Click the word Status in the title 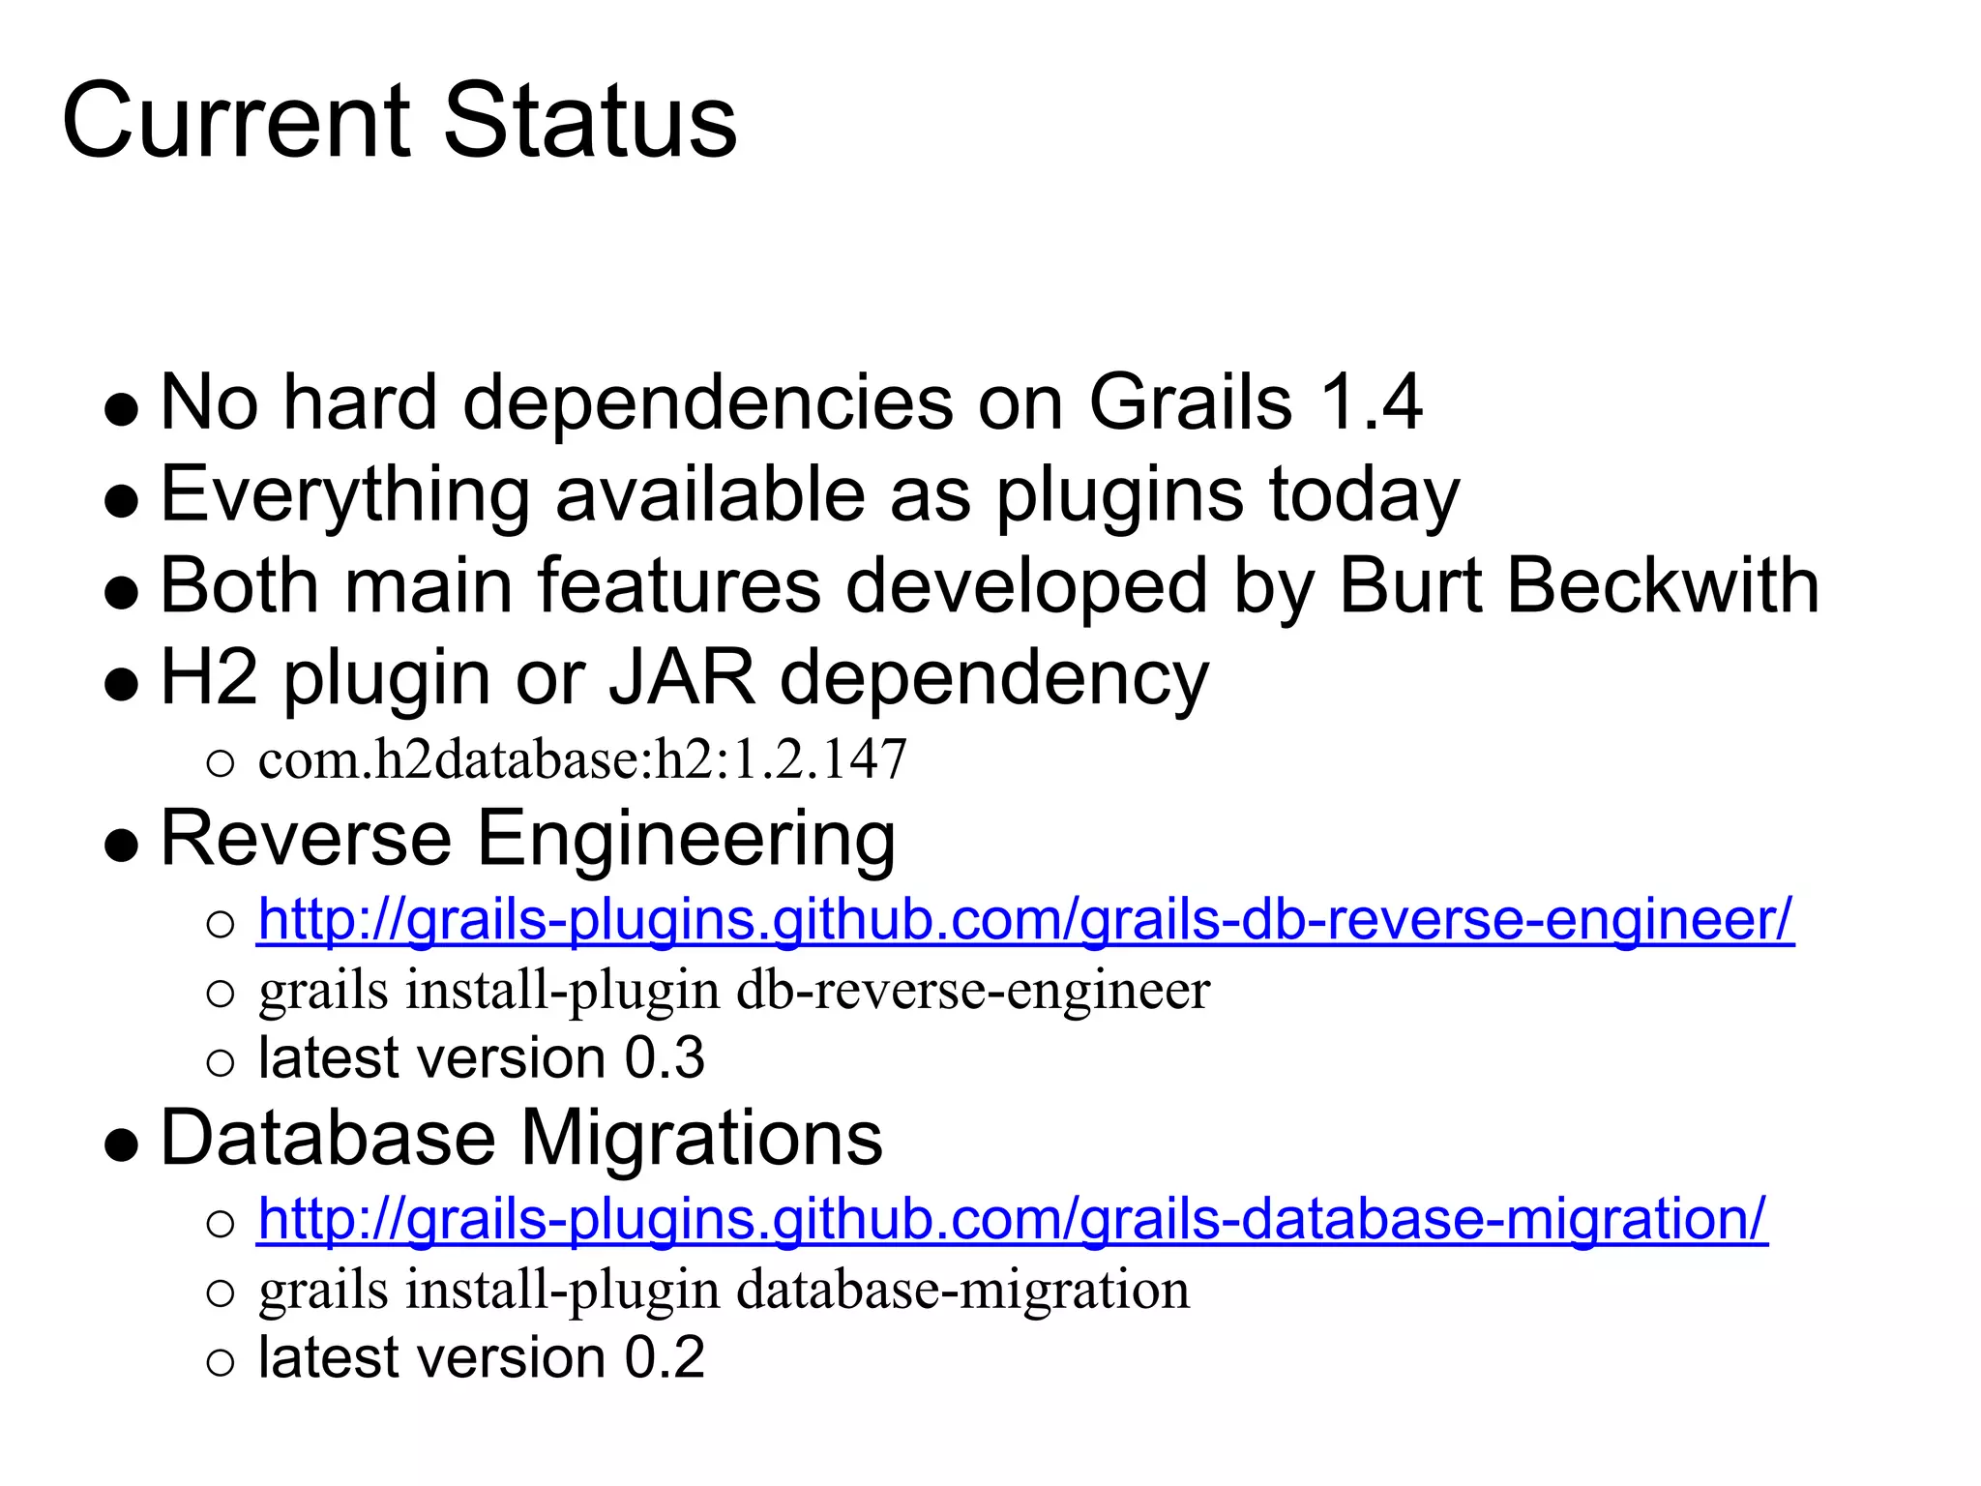pos(590,121)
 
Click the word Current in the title pos(237,121)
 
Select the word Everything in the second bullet pos(344,494)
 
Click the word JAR pos(681,677)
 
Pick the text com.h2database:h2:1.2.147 pos(582,759)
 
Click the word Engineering pos(686,838)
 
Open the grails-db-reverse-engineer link pos(1025,919)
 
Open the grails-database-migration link pos(1012,1218)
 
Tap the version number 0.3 pos(665,1057)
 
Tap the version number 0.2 pos(665,1357)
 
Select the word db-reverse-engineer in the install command pos(972,991)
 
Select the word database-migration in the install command pos(962,1290)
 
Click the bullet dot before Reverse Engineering pos(122,845)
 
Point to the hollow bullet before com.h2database pos(221,764)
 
